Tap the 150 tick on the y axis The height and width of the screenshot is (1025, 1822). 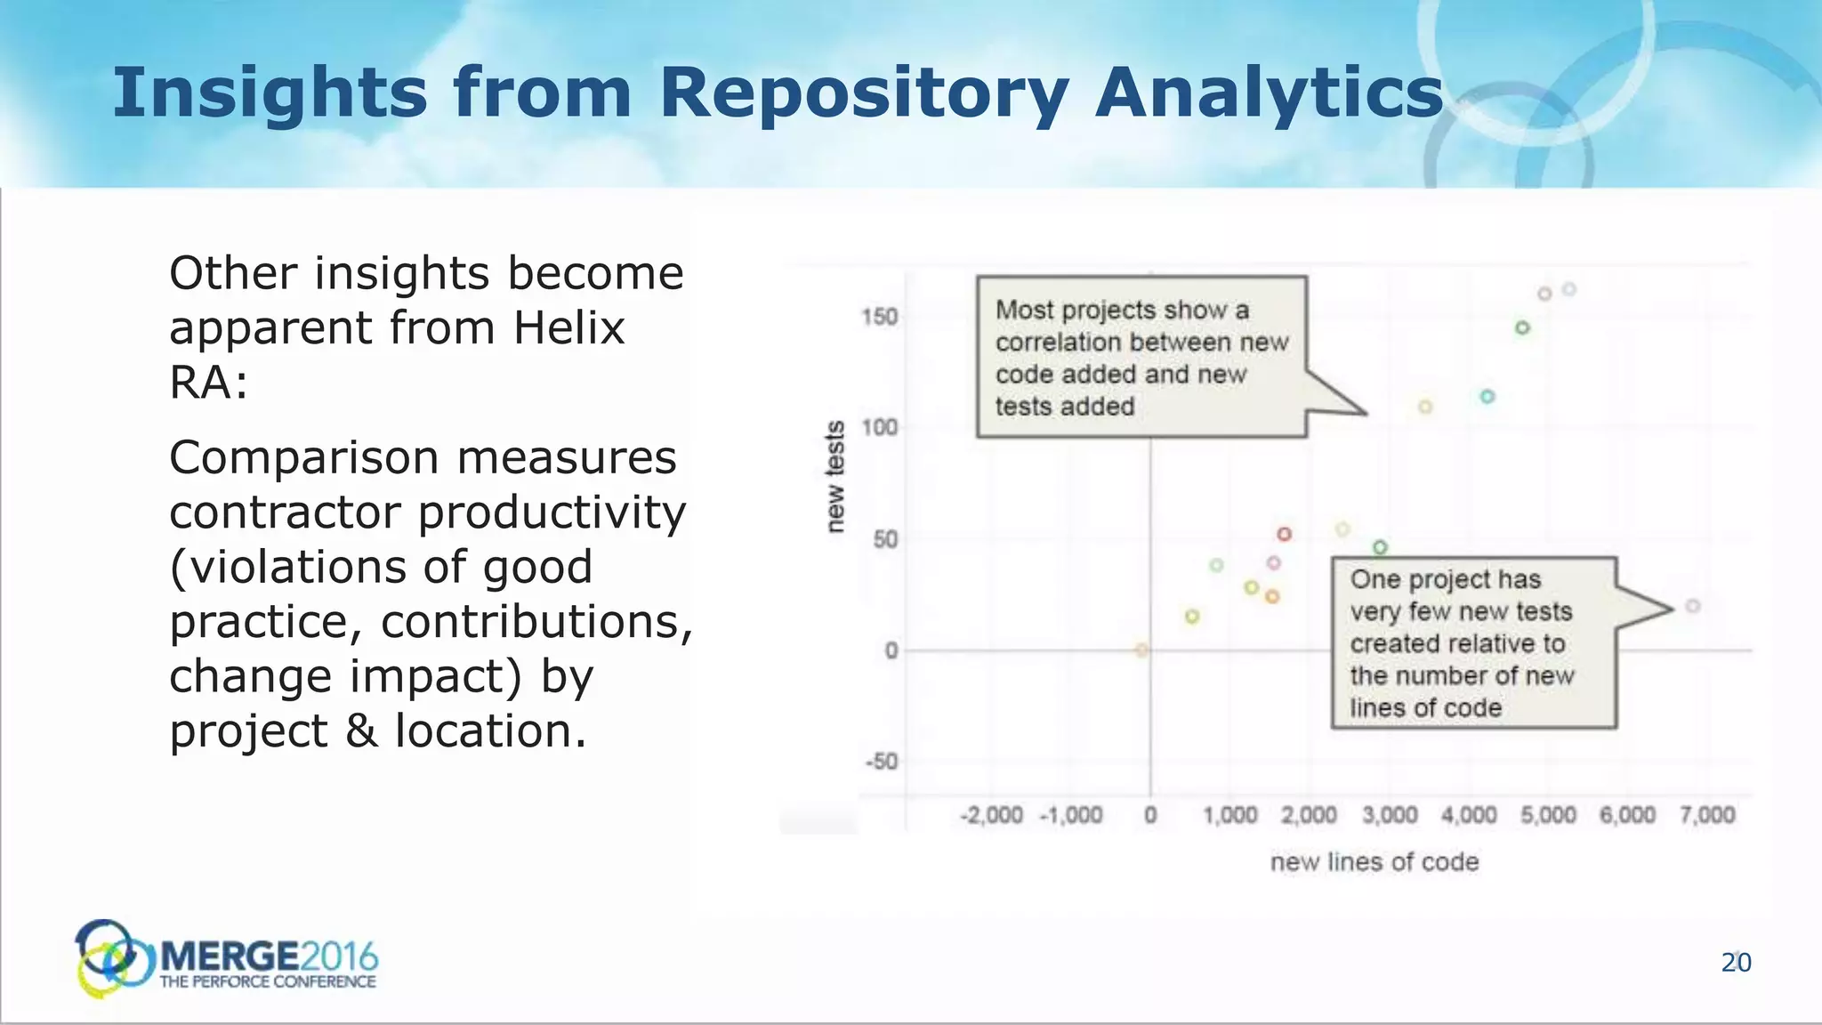879,318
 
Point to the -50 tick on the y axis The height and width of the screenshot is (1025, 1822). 881,762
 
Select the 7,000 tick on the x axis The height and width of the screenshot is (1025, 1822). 1707,815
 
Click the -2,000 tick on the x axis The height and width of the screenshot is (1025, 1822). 991,815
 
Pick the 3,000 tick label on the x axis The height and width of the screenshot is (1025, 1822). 1390,815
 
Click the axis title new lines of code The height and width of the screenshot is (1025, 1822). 1375,862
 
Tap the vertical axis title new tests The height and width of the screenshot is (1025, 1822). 834,477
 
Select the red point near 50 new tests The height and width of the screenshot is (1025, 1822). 1284,534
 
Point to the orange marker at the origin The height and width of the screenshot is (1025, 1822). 1141,650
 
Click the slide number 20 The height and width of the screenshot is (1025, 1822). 1736,963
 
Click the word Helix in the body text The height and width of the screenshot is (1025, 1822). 569,328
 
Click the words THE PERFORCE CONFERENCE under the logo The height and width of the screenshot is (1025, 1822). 268,982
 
